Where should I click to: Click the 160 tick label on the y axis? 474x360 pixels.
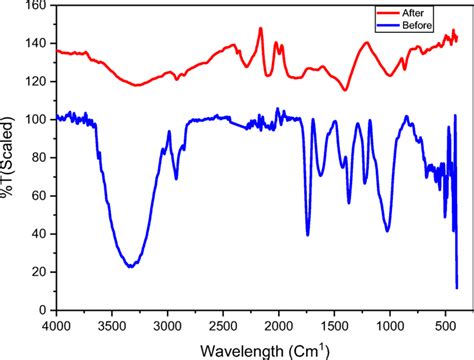[33, 6]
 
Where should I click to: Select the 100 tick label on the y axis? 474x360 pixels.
[33, 119]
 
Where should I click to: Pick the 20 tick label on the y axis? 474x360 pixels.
[37, 272]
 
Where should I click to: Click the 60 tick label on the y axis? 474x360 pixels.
[37, 195]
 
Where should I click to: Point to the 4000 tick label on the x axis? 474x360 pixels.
[57, 326]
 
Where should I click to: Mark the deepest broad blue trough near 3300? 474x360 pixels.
[130, 267]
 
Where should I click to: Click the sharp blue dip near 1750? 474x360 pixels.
[307, 234]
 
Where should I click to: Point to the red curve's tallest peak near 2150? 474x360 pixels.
[261, 29]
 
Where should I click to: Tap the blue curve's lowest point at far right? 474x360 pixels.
[457, 288]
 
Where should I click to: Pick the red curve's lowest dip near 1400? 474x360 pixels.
[346, 90]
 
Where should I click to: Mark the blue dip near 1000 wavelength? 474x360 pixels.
[387, 231]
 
